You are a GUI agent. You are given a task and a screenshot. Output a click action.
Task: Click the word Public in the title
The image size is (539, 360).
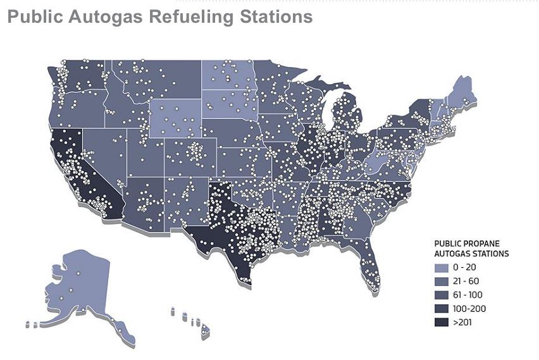32,16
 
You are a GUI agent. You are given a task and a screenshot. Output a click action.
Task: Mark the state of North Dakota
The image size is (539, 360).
228,77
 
